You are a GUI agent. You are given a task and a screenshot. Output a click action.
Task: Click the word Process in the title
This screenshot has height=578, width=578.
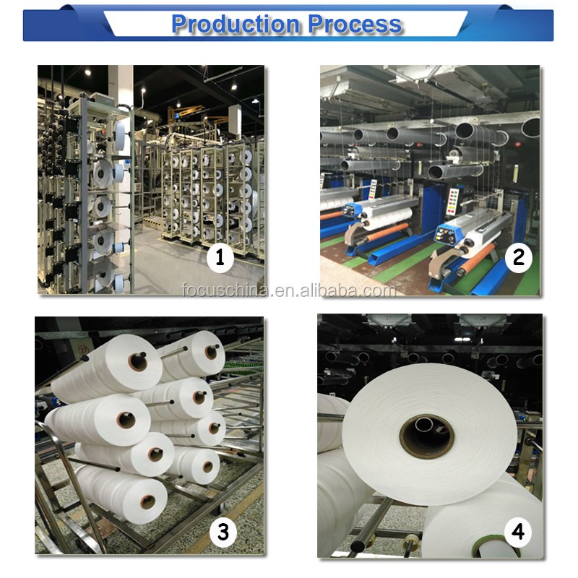pyautogui.click(x=355, y=24)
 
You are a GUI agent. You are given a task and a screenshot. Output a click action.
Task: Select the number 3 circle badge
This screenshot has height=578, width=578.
pyautogui.click(x=223, y=532)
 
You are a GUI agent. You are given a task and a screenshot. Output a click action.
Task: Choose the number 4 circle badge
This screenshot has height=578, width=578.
pyautogui.click(x=517, y=532)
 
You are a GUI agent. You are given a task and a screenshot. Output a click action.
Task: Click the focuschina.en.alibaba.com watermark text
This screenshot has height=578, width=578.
pyautogui.click(x=289, y=290)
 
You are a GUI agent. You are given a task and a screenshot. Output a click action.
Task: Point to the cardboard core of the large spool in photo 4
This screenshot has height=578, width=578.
pyautogui.click(x=427, y=436)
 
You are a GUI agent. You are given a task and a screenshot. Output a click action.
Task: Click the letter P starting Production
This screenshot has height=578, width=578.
pyautogui.click(x=180, y=24)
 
